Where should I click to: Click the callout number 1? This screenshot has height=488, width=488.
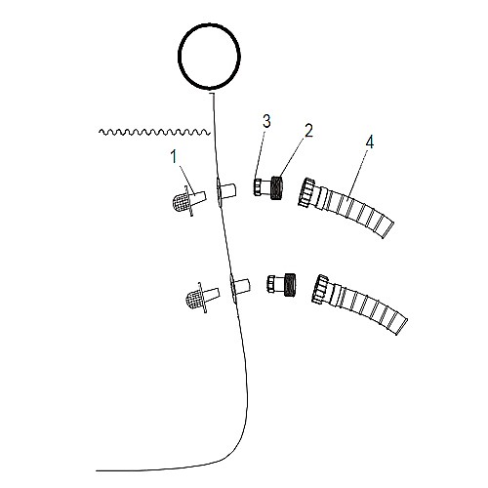click(174, 157)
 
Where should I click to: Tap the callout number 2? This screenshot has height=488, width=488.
click(308, 131)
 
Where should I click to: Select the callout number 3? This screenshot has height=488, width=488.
click(266, 121)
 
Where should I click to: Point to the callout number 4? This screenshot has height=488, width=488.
click(370, 142)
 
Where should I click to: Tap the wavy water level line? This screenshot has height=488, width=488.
click(154, 132)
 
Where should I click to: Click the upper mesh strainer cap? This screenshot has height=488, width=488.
click(181, 202)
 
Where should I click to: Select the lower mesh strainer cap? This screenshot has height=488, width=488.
click(194, 300)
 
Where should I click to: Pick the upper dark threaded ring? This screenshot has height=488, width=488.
click(276, 187)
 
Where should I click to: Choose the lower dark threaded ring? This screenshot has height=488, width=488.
click(290, 284)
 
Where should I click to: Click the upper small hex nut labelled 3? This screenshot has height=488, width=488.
click(258, 187)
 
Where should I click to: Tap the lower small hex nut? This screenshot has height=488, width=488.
click(271, 284)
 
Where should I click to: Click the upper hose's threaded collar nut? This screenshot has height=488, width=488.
click(306, 192)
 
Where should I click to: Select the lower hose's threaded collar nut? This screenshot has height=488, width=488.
click(320, 289)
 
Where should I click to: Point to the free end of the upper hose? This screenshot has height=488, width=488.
click(388, 230)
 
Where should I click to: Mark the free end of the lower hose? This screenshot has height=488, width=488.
click(402, 327)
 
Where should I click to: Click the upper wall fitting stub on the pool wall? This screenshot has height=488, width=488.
click(227, 190)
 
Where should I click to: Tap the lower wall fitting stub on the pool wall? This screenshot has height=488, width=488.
click(242, 287)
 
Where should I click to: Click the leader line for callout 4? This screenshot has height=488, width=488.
click(357, 175)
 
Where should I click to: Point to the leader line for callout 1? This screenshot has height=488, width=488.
click(186, 179)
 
